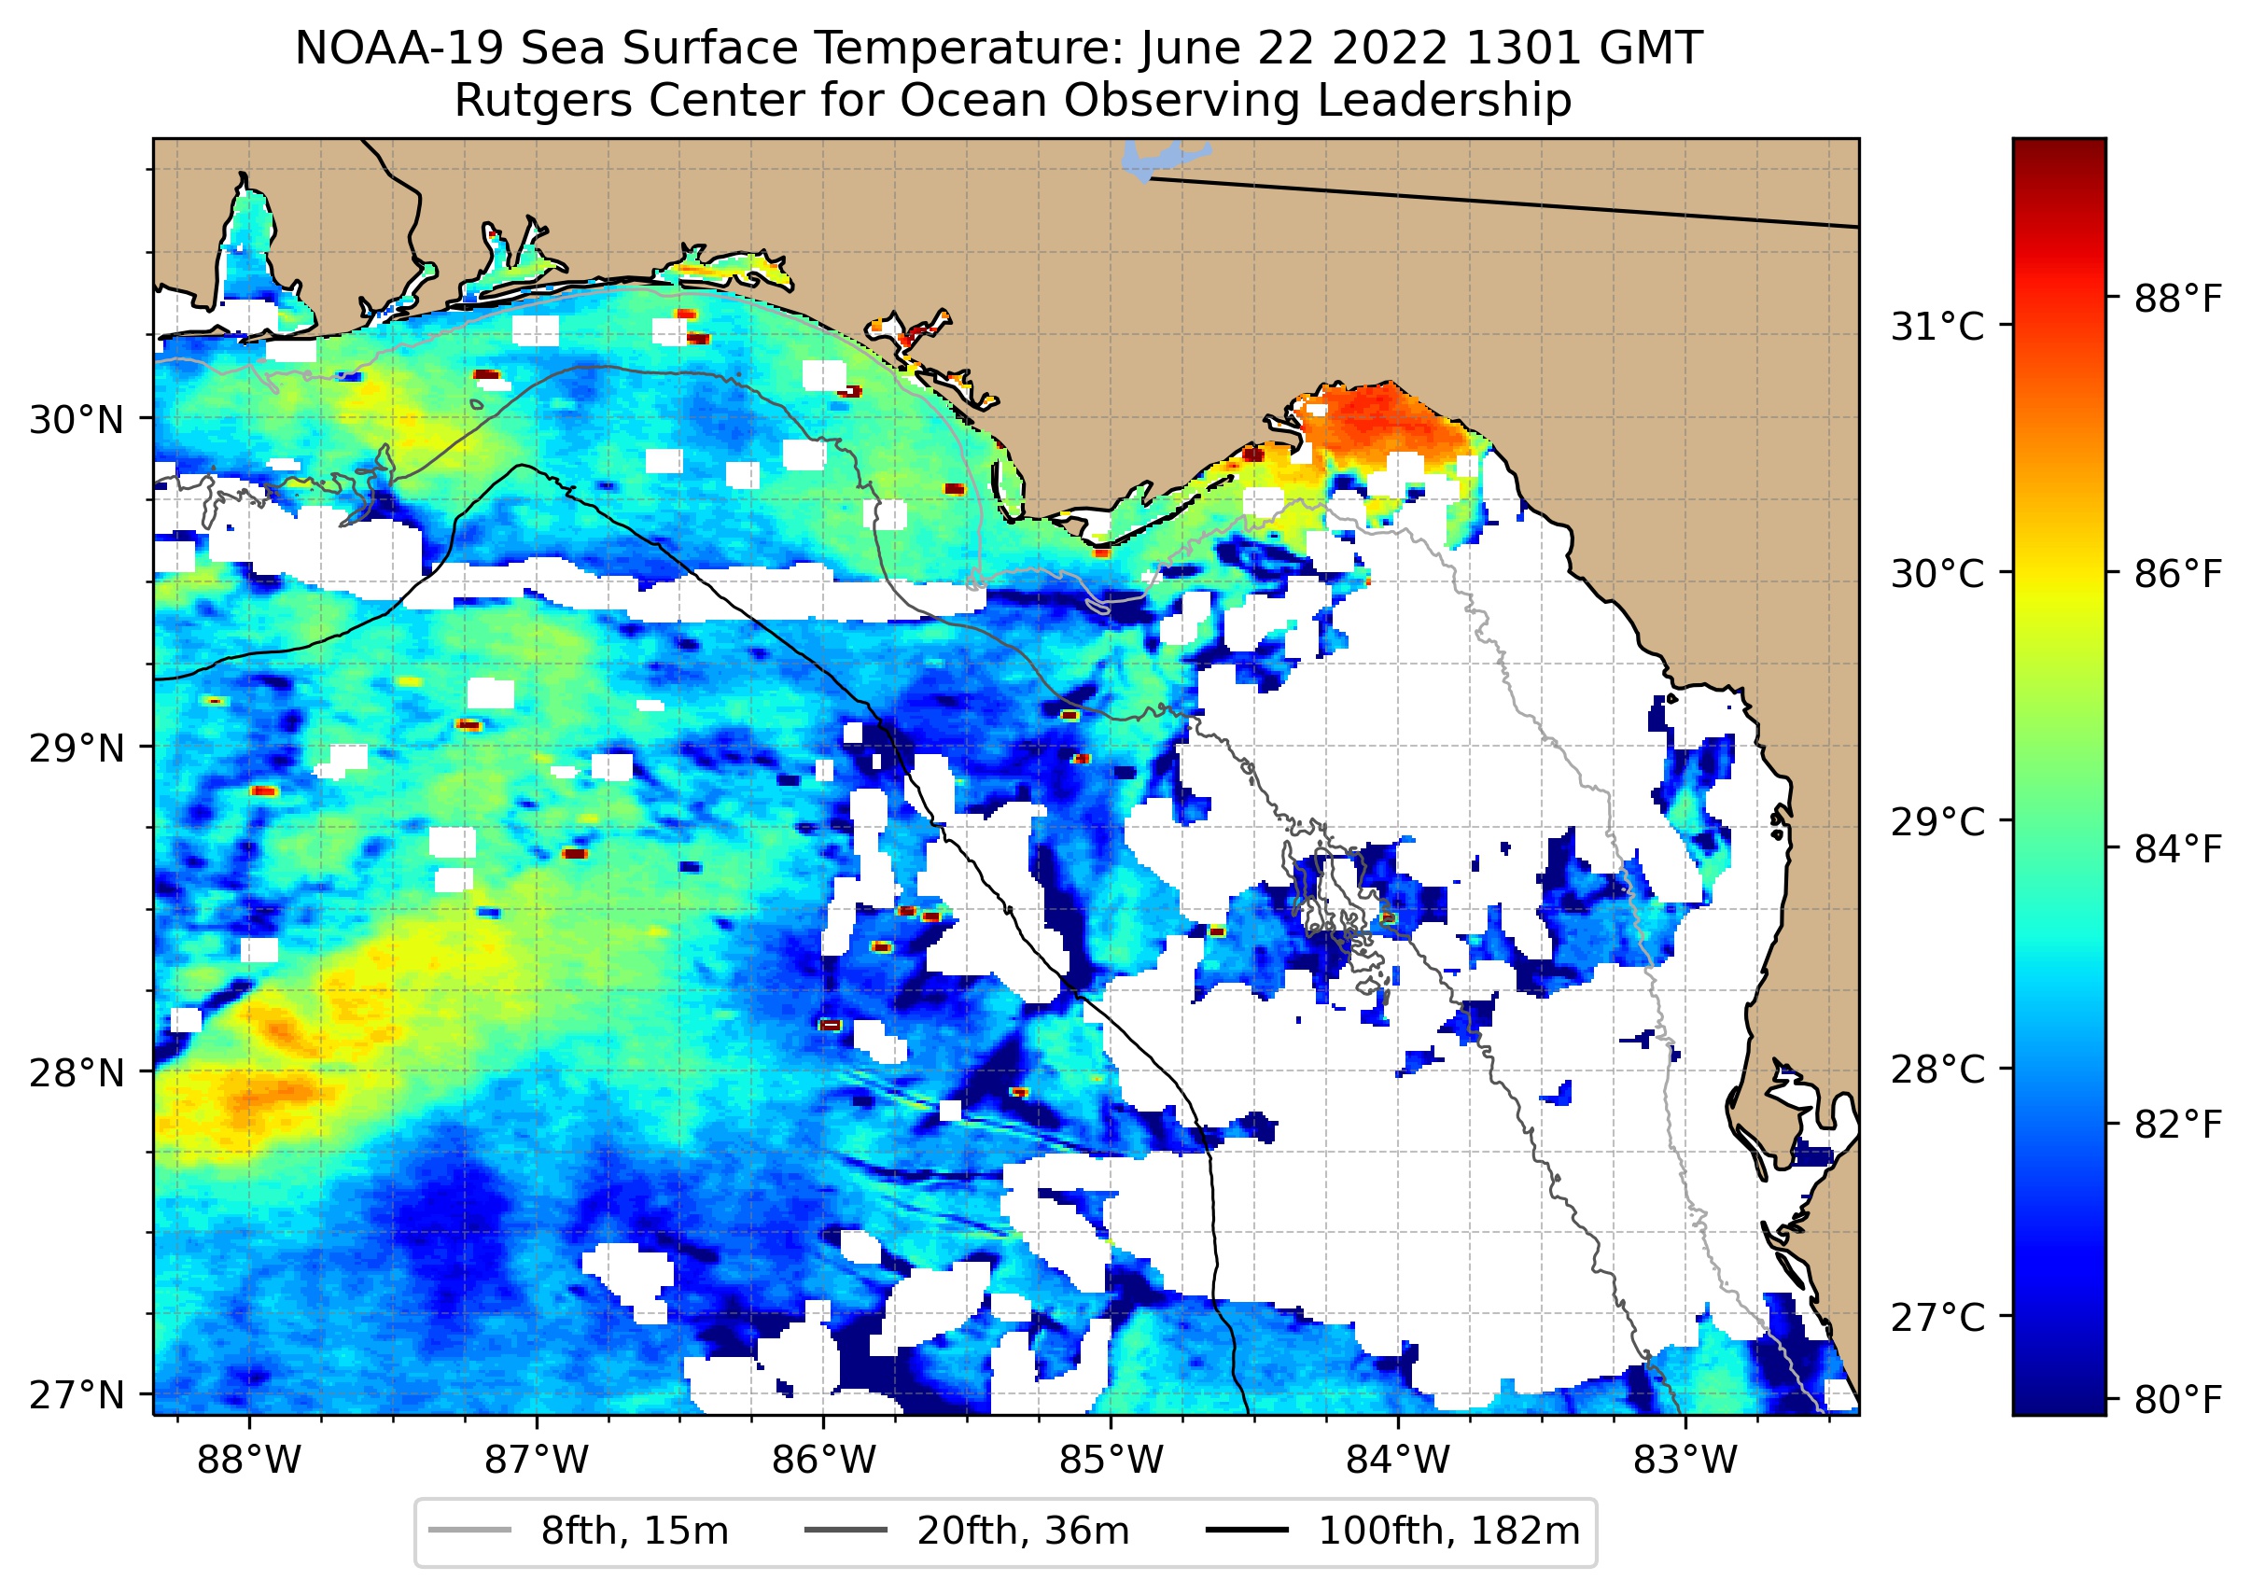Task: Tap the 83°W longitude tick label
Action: [1685, 1461]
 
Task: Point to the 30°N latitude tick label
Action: [77, 420]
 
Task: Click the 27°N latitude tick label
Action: [77, 1394]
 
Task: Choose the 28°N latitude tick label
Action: [77, 1072]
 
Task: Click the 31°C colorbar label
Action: [1936, 326]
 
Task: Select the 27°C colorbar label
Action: [1936, 1317]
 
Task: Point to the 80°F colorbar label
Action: [2177, 1399]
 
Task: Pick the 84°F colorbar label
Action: [2177, 848]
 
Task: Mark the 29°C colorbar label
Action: [1936, 821]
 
